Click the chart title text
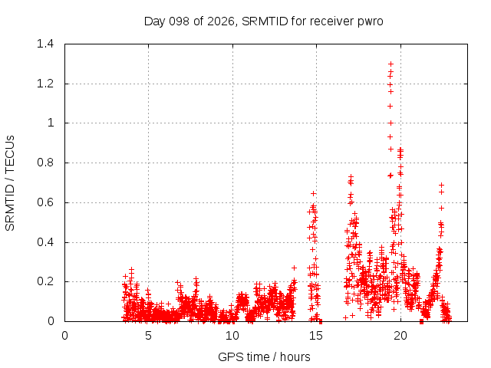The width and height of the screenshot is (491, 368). coord(263,21)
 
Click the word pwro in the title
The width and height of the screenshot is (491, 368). coord(370,22)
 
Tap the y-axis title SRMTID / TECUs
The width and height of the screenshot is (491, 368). coord(10,183)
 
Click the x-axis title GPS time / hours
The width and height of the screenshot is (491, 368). coord(264,356)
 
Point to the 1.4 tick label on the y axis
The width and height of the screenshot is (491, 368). coord(45,44)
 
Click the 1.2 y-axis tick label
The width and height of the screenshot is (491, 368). coord(45,84)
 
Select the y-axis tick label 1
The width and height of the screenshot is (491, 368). coord(51,123)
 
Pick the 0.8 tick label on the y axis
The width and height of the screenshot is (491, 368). coord(45,163)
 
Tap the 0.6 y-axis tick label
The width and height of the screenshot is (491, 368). coord(45,202)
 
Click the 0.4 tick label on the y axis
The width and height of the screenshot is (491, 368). coord(45,242)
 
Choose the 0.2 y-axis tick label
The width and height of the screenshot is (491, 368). coord(45,281)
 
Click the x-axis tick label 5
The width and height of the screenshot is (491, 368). coord(148,336)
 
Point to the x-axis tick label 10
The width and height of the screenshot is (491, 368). coord(232,336)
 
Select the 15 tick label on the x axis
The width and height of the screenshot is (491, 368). coord(316,336)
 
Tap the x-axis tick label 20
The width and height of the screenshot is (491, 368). coord(400,336)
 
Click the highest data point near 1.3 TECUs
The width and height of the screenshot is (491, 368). coord(390,64)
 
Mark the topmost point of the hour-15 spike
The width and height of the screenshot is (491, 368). coord(313,194)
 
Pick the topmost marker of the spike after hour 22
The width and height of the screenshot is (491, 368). coord(442,185)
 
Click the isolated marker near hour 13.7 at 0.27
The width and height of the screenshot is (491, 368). coord(294,268)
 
